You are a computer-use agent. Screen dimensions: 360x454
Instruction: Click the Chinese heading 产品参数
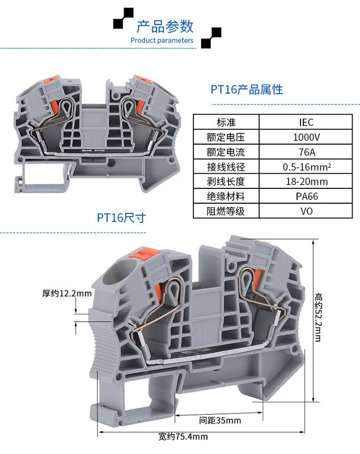[165, 26]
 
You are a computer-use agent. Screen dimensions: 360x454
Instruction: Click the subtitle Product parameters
[162, 40]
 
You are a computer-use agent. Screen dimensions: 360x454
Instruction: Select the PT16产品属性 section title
[246, 89]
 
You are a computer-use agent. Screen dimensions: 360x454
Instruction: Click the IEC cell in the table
[306, 122]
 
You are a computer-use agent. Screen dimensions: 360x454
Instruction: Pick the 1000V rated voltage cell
[306, 137]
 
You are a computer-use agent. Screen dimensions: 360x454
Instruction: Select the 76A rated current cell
[306, 152]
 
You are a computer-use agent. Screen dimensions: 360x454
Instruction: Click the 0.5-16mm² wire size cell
[306, 167]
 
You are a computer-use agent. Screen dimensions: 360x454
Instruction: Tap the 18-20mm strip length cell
[306, 182]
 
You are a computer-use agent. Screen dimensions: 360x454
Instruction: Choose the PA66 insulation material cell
[306, 196]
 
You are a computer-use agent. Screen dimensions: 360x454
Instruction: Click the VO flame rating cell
[306, 211]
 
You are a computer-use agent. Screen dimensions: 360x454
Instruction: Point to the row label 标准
[226, 122]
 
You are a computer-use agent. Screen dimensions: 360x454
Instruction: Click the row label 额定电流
[226, 152]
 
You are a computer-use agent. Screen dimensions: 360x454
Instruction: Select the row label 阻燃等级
[226, 211]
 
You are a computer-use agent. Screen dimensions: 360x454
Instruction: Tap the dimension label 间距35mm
[220, 421]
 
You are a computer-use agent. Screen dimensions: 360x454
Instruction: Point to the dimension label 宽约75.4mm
[183, 436]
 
